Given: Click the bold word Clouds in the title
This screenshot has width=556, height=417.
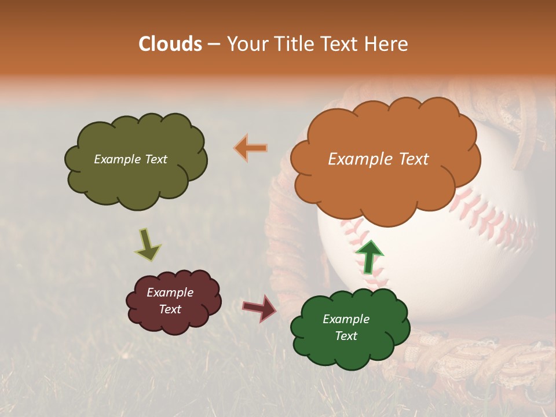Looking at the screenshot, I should pos(170,44).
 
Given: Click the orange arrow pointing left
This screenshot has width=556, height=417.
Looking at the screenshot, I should pos(251,148).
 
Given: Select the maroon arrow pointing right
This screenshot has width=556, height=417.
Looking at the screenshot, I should pos(260,308).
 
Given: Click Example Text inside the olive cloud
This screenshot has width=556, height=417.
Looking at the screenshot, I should pos(130,159).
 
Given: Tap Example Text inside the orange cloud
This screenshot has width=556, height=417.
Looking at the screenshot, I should pos(378,159).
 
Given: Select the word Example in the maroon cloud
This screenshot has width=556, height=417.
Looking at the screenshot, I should pos(170,292).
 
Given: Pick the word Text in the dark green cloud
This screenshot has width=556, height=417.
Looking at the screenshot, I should pos(346,336).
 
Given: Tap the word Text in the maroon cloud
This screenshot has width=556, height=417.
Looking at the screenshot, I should pos(170,309).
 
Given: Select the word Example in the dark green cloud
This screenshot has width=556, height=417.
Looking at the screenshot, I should pos(346,319).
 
